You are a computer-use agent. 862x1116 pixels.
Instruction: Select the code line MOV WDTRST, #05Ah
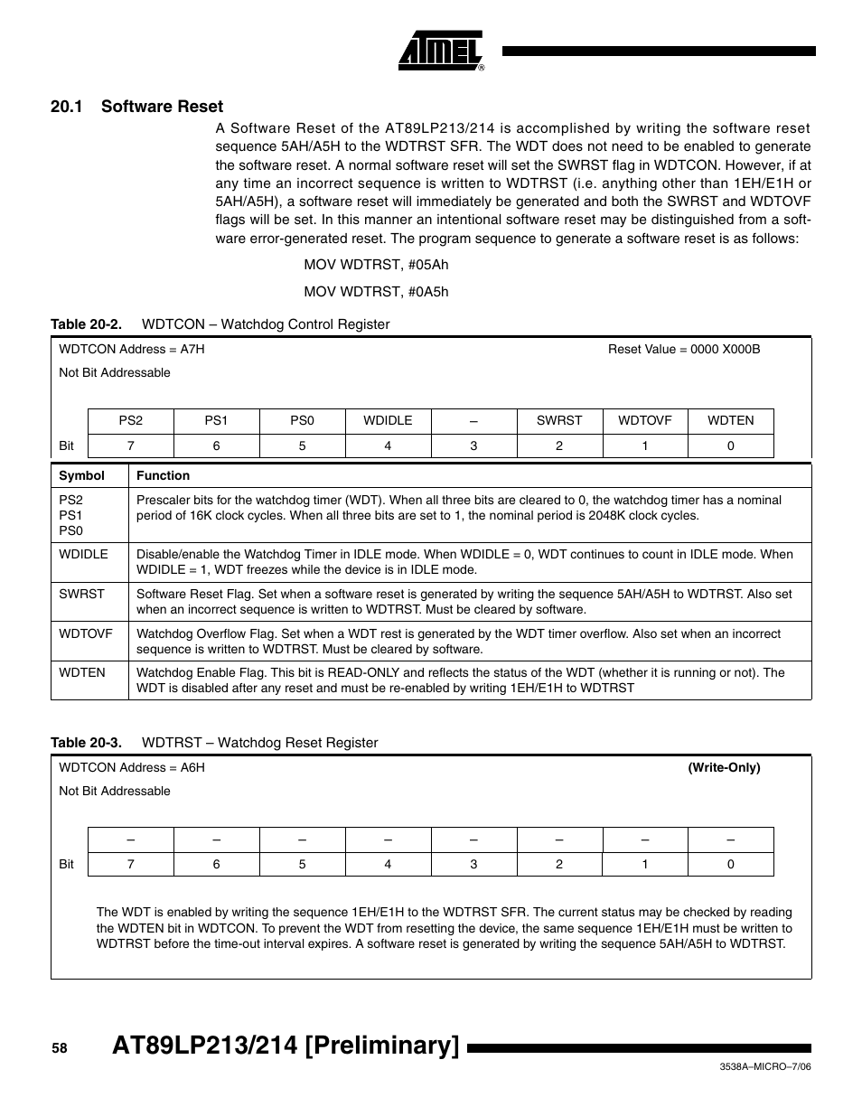[376, 265]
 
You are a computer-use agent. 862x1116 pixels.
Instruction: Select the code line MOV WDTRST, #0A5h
[376, 291]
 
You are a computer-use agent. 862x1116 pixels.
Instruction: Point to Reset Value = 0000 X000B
[683, 349]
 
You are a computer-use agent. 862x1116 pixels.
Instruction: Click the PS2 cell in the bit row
[131, 420]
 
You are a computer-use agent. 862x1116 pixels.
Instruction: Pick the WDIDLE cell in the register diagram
[388, 420]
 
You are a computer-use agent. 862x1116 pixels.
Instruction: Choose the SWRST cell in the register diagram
[559, 420]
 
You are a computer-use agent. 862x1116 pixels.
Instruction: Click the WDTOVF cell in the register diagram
[644, 420]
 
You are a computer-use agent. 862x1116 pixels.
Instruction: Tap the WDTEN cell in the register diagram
[730, 420]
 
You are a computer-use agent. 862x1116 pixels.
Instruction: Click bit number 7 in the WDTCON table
[131, 445]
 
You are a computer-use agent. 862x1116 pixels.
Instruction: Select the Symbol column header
[81, 475]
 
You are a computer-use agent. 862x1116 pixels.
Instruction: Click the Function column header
[163, 475]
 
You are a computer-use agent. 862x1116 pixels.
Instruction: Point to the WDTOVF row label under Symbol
[86, 633]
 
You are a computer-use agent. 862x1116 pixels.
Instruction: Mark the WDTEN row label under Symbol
[82, 672]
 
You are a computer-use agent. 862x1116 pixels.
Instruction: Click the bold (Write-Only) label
[724, 767]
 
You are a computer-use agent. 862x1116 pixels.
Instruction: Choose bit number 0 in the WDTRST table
[730, 864]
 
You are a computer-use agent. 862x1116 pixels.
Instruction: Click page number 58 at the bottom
[60, 1048]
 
